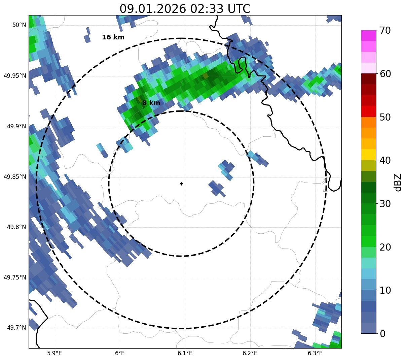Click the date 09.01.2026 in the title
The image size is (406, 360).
tap(152, 9)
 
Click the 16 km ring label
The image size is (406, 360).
tap(113, 37)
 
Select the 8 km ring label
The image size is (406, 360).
tap(151, 103)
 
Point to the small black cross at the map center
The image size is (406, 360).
tap(182, 184)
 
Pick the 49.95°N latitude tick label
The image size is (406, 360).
tap(15, 75)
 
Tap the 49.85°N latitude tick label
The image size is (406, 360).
tap(15, 176)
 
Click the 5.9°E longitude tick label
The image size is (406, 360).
tap(54, 353)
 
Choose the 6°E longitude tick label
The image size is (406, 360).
tap(120, 353)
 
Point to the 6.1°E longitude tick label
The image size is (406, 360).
tap(185, 353)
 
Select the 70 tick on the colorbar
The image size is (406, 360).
tap(385, 30)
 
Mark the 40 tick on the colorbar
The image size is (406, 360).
tap(385, 160)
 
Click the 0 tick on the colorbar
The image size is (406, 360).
tap(383, 333)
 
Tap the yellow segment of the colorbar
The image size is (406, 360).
tap(369, 155)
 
